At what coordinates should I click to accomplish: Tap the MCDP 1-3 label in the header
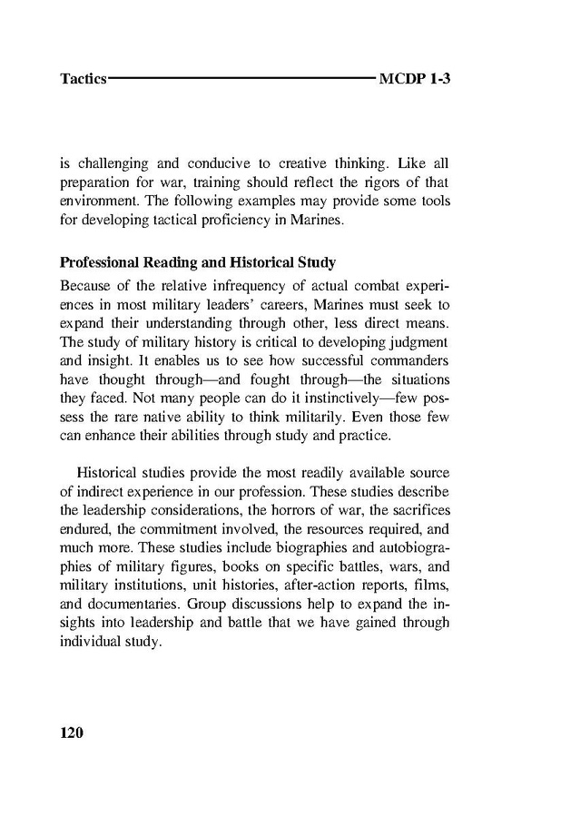click(x=415, y=79)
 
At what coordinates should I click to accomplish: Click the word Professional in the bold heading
click(x=100, y=263)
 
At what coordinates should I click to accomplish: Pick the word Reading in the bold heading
click(x=175, y=263)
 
